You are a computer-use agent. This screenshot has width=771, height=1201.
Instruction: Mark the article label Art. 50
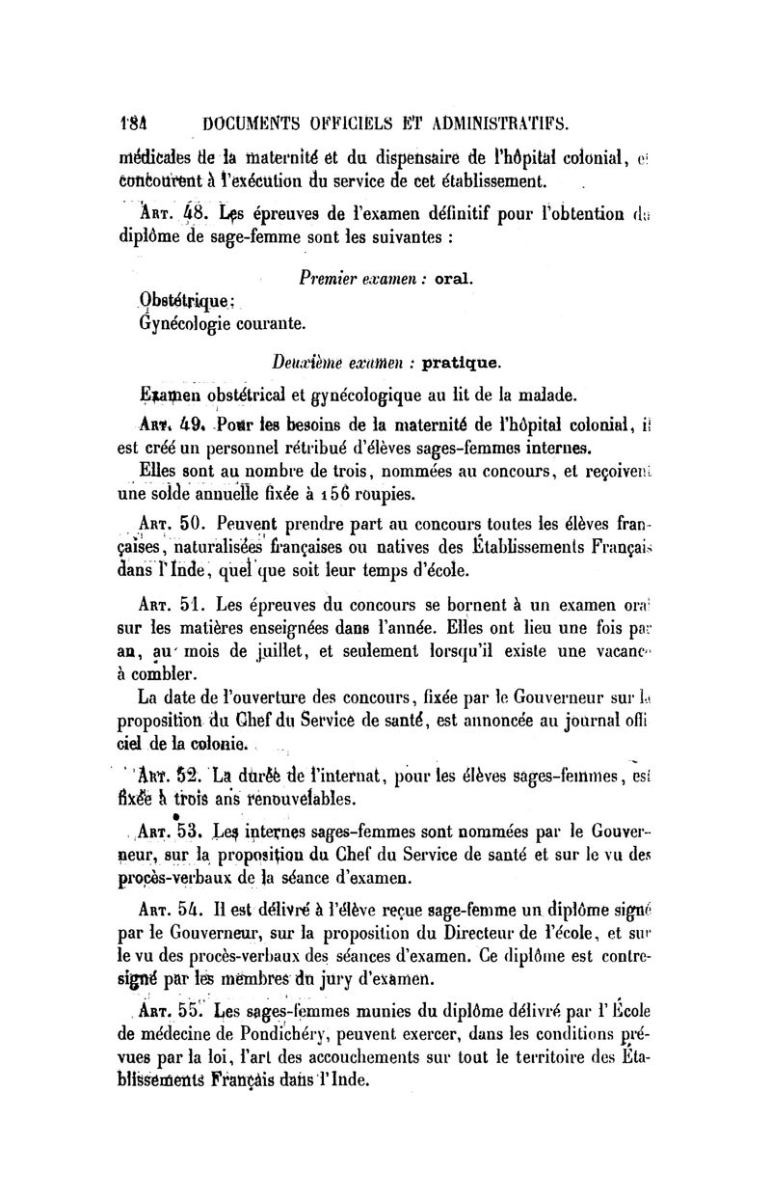point(159,525)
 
